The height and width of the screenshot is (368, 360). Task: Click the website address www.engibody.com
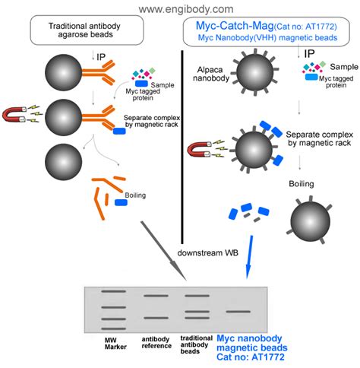180,8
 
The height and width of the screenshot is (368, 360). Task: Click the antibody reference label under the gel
155,343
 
